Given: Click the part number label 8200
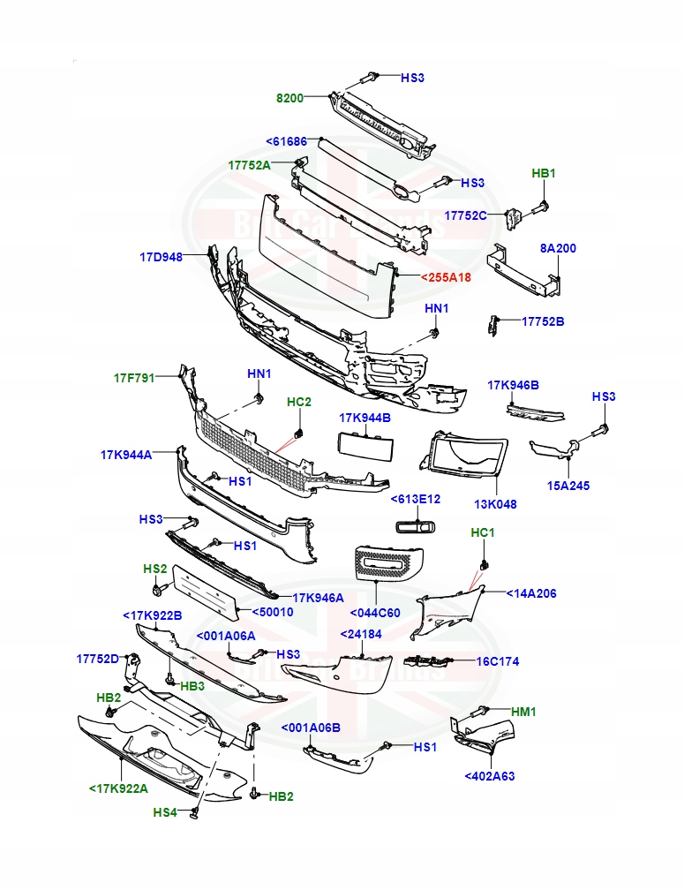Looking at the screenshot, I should (x=289, y=98).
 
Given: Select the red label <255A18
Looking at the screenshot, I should (x=446, y=277).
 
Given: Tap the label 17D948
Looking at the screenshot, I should (x=161, y=257).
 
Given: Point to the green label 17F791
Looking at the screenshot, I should (x=134, y=378).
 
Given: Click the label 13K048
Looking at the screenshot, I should (x=495, y=504).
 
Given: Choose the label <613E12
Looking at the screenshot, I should (x=416, y=499).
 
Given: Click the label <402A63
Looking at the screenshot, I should (x=489, y=776).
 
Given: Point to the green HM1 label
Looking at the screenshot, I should (x=524, y=711).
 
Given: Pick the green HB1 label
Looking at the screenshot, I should (x=544, y=174).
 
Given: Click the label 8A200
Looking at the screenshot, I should (x=558, y=248).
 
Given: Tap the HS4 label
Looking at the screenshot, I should (x=165, y=811).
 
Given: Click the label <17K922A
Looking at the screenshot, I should (x=118, y=788).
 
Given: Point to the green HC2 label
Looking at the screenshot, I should (x=299, y=402).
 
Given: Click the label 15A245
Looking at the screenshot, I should (x=568, y=486).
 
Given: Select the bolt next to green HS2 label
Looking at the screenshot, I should (x=159, y=589).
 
